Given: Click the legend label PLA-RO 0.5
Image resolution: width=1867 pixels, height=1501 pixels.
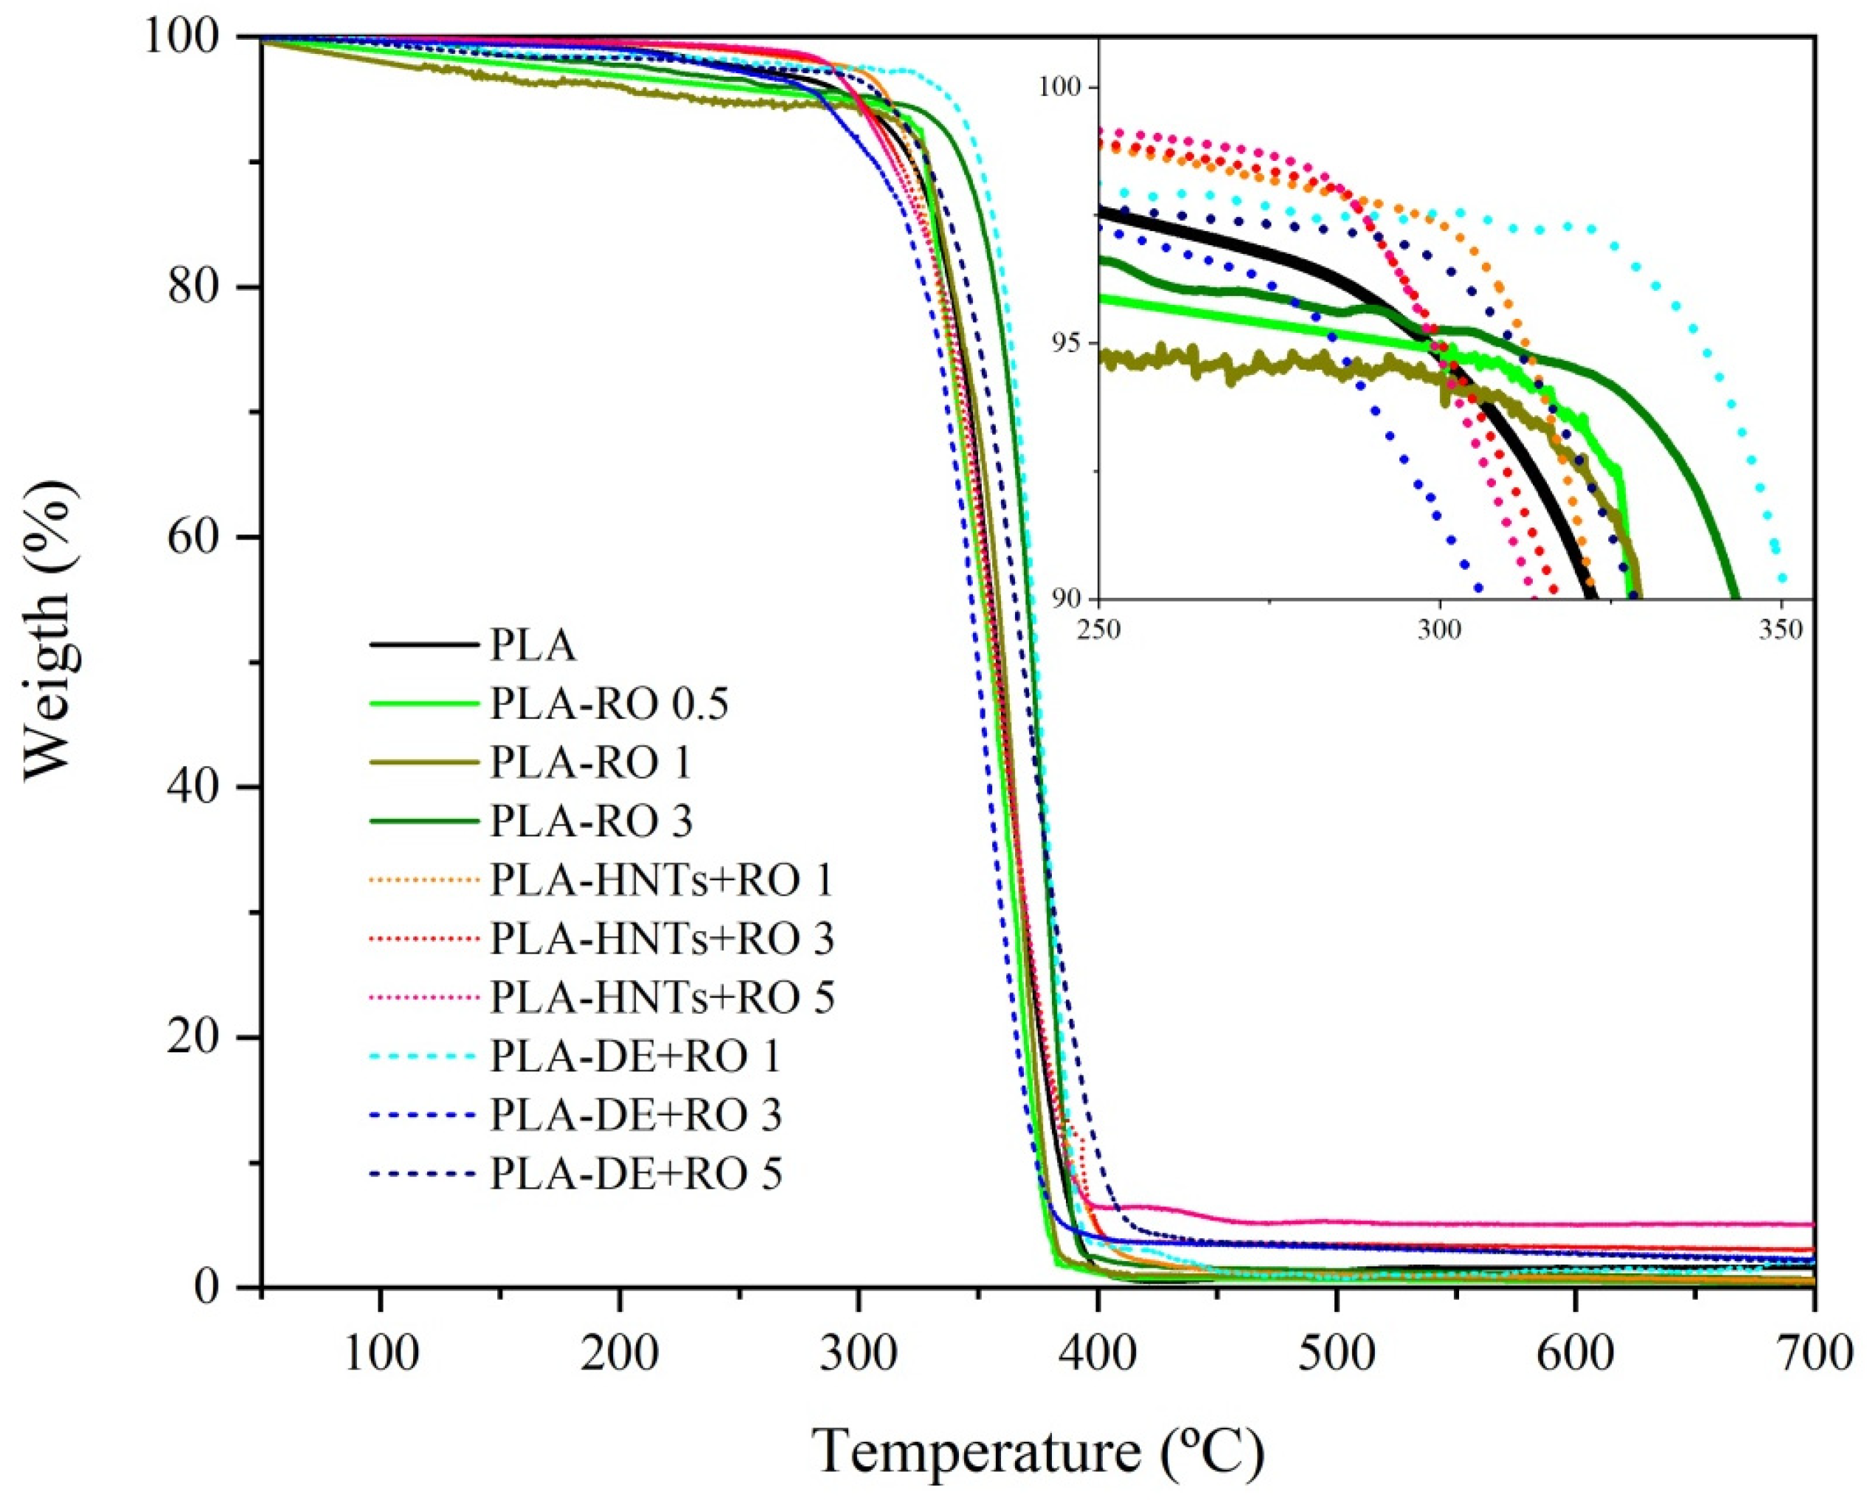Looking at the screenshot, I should click(x=609, y=704).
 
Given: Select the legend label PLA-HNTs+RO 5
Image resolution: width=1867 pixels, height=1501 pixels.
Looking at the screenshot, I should click(x=662, y=997).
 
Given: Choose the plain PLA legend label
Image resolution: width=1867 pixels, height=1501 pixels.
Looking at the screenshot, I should click(x=533, y=645).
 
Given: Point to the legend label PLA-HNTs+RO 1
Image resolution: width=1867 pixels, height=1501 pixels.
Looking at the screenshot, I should click(x=662, y=880).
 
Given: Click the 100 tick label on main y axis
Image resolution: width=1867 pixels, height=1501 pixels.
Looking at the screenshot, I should click(x=188, y=39).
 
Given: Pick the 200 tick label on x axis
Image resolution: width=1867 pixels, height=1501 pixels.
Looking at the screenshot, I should click(x=619, y=1353).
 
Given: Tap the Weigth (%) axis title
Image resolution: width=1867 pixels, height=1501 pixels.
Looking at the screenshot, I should click(x=48, y=629).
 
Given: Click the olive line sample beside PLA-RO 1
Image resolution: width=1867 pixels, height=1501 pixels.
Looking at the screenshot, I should click(x=423, y=762).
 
